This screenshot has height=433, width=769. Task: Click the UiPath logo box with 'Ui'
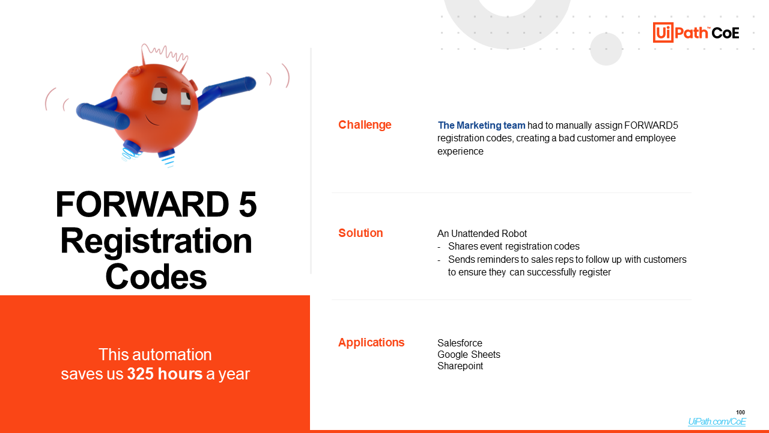663,32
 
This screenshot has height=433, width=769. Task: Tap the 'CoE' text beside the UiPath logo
725,33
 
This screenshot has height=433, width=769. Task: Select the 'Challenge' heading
365,124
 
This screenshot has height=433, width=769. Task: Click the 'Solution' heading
360,233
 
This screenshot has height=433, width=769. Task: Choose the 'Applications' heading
371,343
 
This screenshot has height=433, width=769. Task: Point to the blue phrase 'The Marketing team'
481,126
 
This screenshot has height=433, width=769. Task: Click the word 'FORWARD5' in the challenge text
651,126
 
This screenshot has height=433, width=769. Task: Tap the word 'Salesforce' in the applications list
460,343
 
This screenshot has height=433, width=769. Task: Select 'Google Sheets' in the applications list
469,354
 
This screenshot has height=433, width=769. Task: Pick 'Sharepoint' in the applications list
460,366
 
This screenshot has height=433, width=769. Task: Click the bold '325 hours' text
165,374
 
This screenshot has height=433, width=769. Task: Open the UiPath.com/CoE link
717,422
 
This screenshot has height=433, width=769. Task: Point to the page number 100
741,413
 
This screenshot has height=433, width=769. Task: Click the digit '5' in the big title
248,204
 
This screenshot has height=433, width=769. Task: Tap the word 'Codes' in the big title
156,277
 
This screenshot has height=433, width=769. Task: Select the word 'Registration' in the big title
156,242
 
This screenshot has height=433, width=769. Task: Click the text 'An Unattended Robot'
482,234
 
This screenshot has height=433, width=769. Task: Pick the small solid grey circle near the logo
606,49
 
